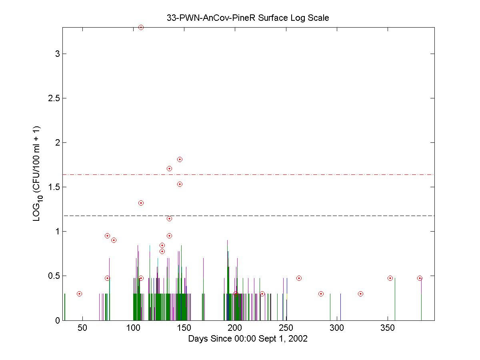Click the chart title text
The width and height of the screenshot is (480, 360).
point(248,18)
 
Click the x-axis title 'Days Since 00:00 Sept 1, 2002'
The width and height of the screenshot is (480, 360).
point(248,339)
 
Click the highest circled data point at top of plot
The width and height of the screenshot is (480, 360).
point(141,27)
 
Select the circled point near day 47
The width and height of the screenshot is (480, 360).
point(79,294)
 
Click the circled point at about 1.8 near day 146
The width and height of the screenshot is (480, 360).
point(180,159)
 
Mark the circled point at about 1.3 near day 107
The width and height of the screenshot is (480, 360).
point(141,203)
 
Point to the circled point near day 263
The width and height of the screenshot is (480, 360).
point(299,278)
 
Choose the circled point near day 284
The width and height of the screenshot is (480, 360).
point(321,294)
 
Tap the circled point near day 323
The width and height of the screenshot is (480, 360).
point(360,294)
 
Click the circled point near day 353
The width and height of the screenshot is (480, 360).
point(390,278)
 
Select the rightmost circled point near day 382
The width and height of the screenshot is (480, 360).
point(420,278)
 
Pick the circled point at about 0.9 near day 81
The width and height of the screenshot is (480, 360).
point(114,240)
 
